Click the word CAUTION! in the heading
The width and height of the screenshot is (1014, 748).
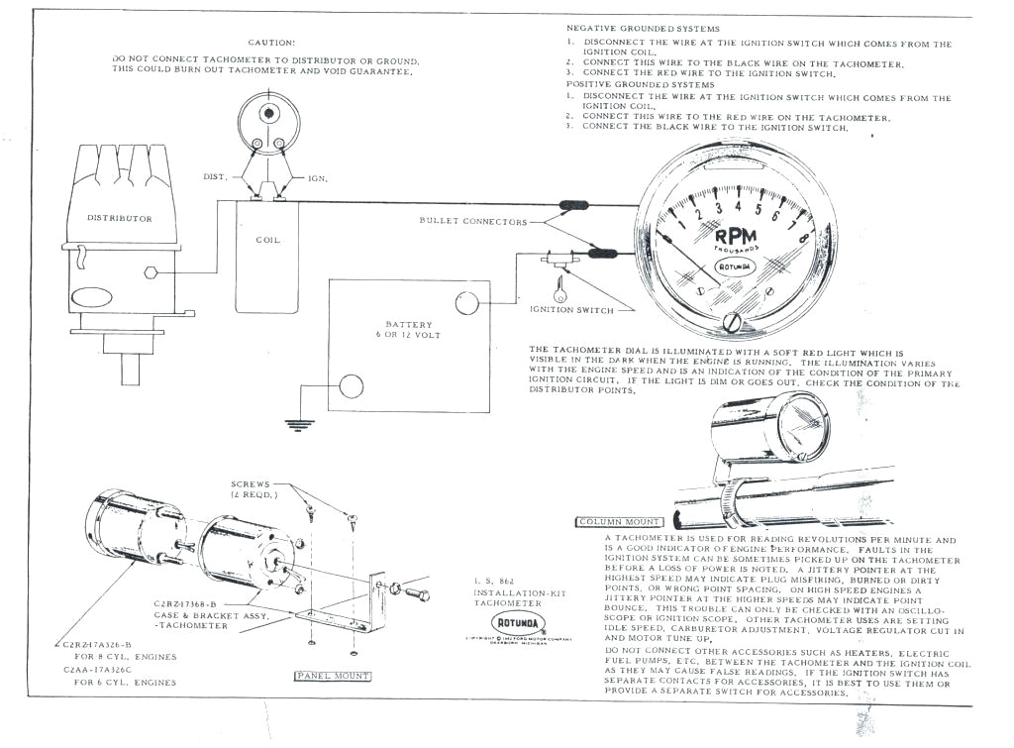pyautogui.click(x=270, y=43)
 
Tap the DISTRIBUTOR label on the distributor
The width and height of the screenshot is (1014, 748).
pyautogui.click(x=120, y=218)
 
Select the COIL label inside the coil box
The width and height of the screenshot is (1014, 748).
pyautogui.click(x=267, y=239)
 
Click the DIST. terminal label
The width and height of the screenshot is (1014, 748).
pyautogui.click(x=216, y=176)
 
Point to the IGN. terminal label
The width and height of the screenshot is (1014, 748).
pyautogui.click(x=318, y=178)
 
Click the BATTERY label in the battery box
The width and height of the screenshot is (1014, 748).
pyautogui.click(x=409, y=325)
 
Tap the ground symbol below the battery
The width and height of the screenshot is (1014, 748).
pyautogui.click(x=294, y=425)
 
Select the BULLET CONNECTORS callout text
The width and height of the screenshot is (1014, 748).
pyautogui.click(x=473, y=221)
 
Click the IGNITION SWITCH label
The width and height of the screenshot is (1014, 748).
pyautogui.click(x=571, y=309)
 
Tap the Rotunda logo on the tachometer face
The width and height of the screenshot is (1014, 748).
pyautogui.click(x=734, y=267)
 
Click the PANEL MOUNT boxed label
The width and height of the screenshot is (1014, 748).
pyautogui.click(x=332, y=676)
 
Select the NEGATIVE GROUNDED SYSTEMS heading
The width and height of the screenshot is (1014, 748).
pyautogui.click(x=643, y=29)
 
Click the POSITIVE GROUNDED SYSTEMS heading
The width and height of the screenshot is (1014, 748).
pyautogui.click(x=640, y=85)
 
